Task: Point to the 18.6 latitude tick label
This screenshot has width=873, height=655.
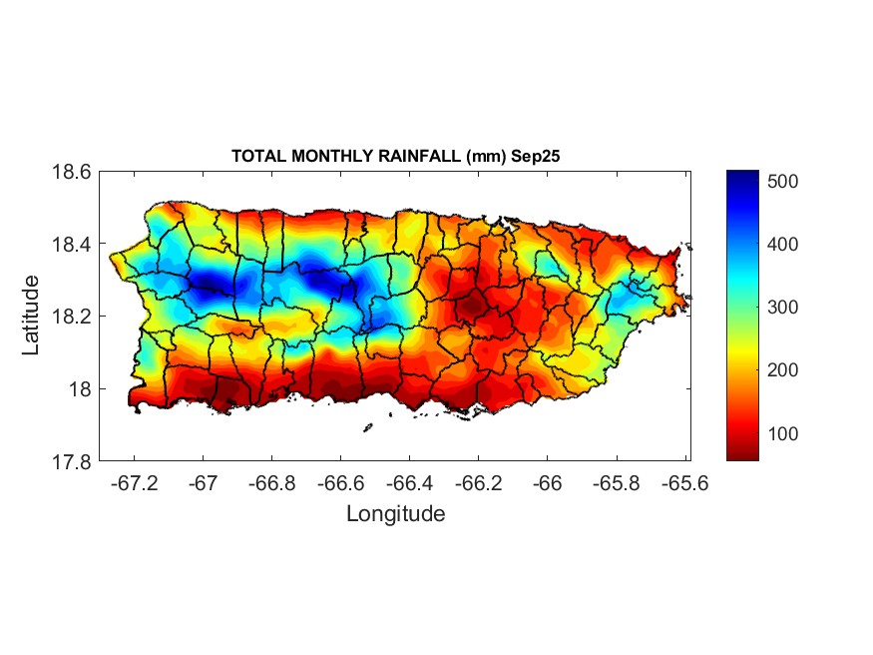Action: [72, 172]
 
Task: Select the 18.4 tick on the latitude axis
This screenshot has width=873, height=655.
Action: [72, 245]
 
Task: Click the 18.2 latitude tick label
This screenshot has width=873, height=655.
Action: [72, 317]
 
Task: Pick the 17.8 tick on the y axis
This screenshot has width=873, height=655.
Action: [72, 462]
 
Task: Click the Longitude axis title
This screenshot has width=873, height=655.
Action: [395, 514]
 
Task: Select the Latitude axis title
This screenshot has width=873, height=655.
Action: [31, 316]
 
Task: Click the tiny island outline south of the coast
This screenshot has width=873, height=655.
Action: [367, 427]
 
